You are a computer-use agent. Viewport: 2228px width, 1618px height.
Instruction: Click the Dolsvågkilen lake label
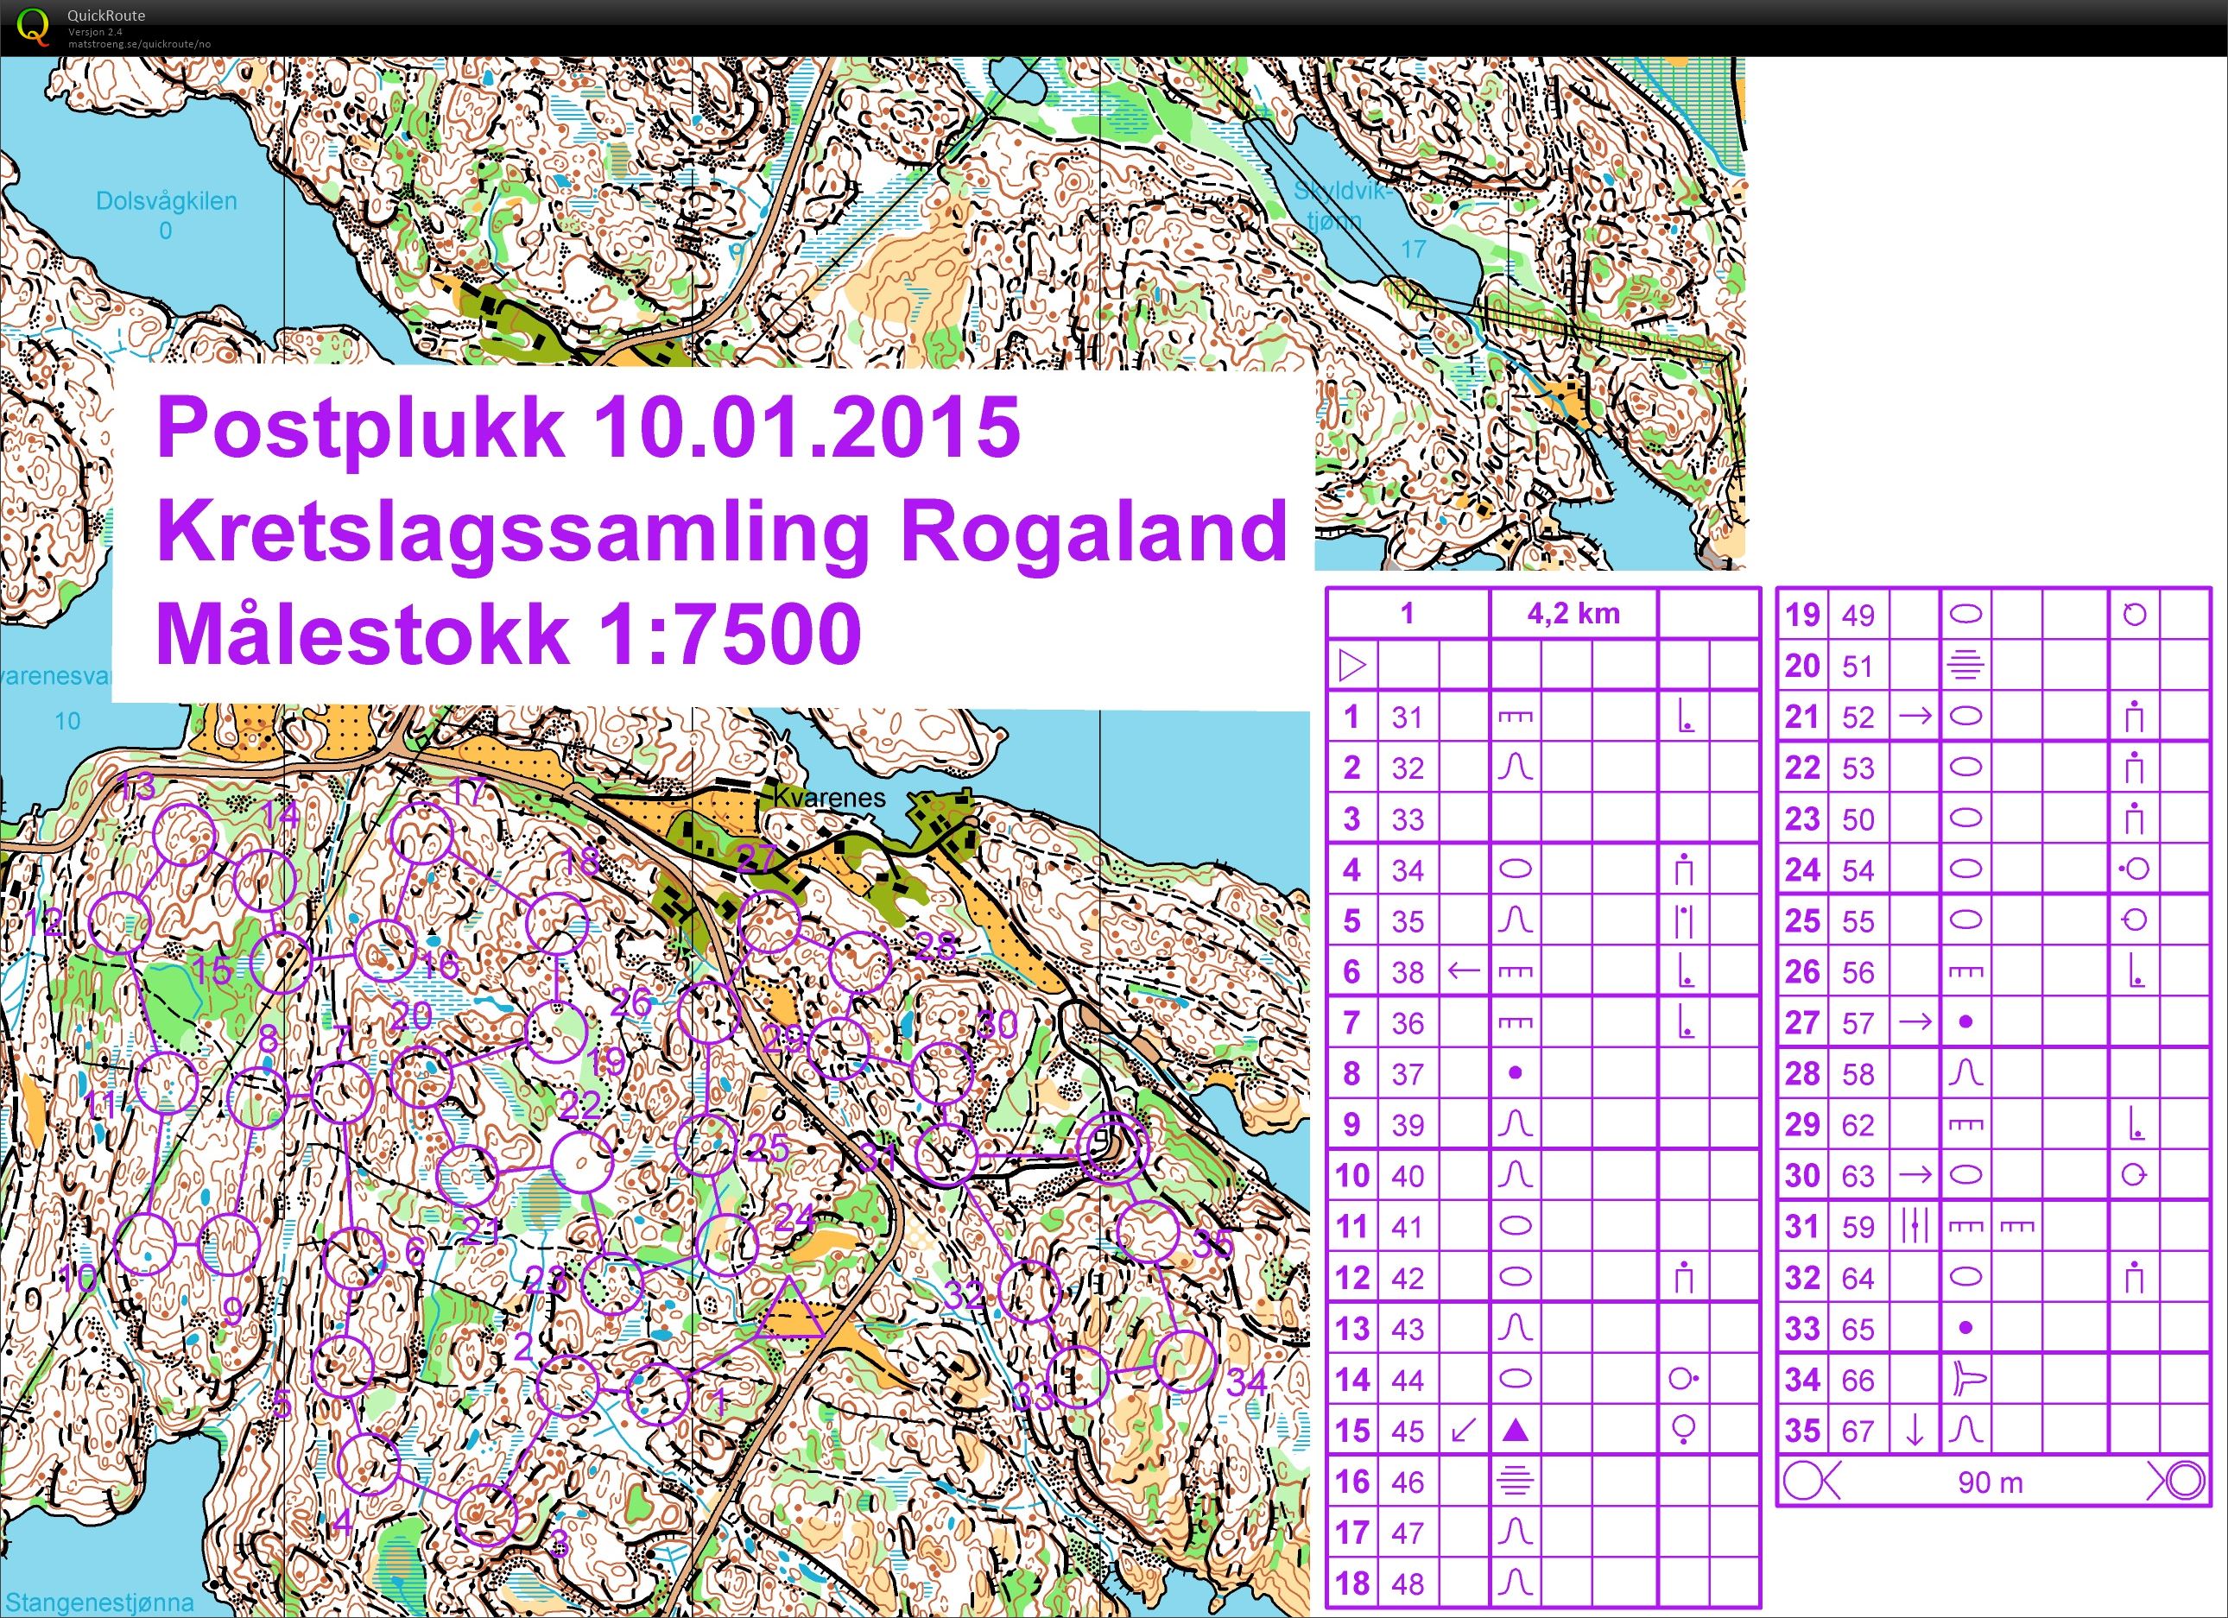(x=166, y=202)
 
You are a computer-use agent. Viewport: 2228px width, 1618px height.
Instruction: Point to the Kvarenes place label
(x=829, y=797)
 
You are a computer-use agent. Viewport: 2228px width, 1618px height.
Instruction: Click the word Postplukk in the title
(x=360, y=428)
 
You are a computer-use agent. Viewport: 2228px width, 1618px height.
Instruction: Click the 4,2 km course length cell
(x=1573, y=614)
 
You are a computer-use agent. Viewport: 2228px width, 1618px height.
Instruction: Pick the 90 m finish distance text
(x=1990, y=1482)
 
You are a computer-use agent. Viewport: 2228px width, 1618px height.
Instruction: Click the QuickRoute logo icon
(x=34, y=26)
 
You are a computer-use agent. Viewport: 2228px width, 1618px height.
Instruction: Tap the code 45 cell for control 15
(x=1407, y=1432)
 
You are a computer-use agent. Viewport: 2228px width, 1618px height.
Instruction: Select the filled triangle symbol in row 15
(x=1515, y=1432)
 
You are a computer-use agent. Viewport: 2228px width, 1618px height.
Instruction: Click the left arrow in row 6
(x=1464, y=971)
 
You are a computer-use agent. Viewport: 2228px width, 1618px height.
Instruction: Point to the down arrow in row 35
(x=1914, y=1432)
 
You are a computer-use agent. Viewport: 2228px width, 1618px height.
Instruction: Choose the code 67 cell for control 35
(x=1857, y=1432)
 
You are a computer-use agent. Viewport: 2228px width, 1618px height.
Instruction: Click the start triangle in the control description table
(x=1352, y=666)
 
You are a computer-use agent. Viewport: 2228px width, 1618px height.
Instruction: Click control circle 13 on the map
(x=186, y=834)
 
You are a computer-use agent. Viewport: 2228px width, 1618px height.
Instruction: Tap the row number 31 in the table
(x=1801, y=1227)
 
